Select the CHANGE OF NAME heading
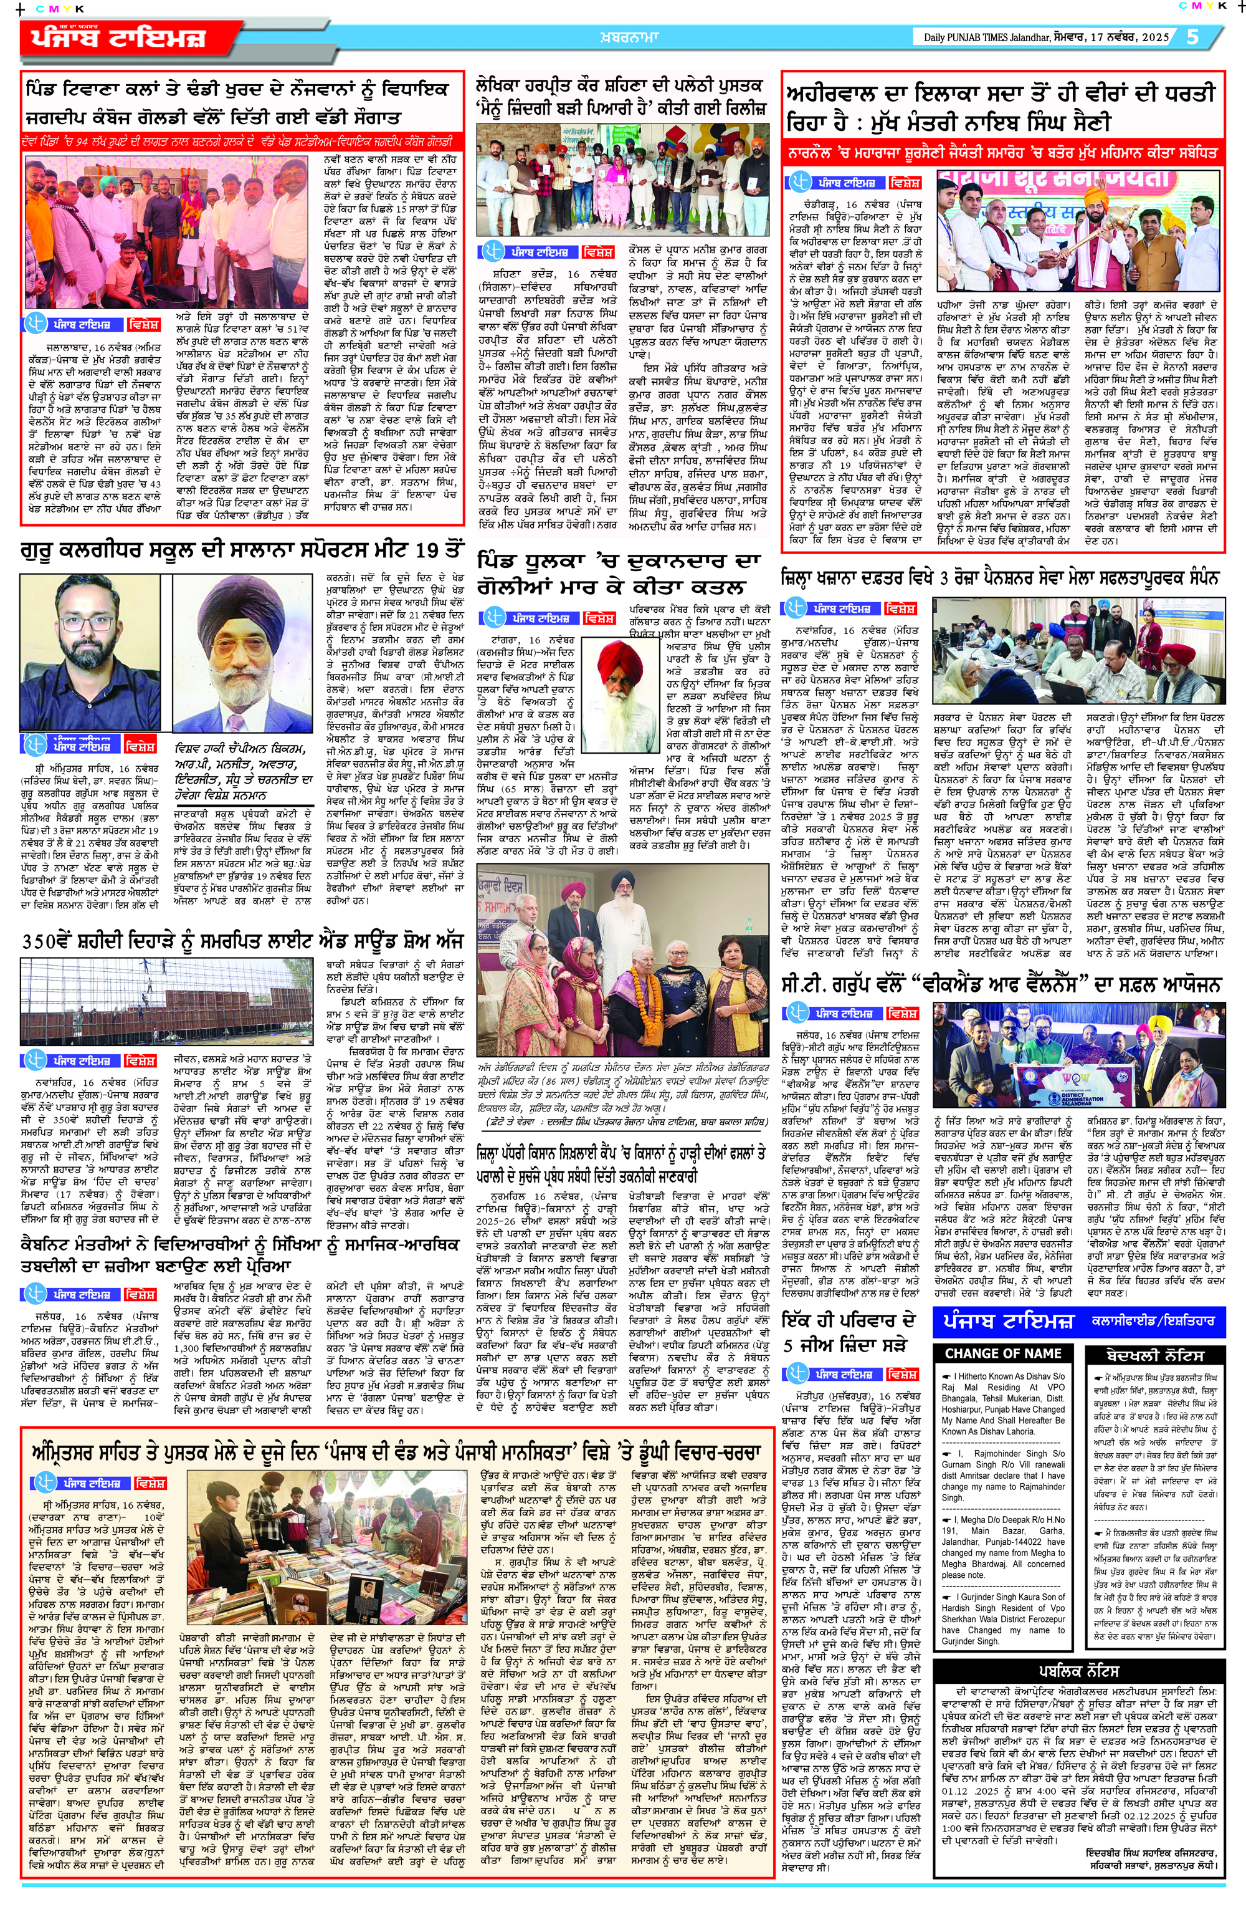pos(1002,1353)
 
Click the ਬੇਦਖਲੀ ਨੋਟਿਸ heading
pos(1154,1354)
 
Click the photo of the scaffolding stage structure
pos(168,999)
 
